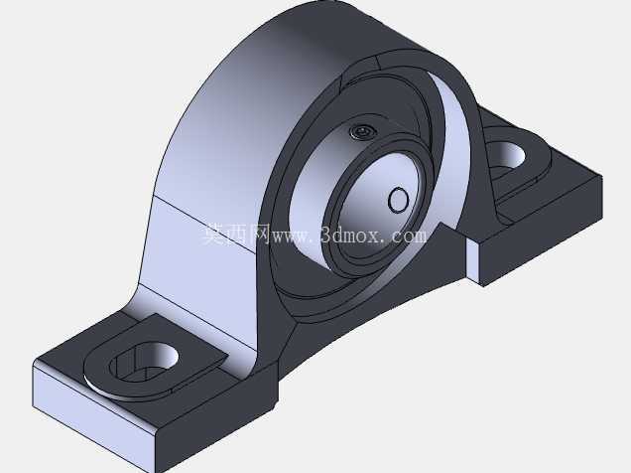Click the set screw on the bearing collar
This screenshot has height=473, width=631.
click(x=362, y=131)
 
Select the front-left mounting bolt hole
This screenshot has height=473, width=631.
click(x=144, y=362)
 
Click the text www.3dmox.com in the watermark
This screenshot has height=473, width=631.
click(x=349, y=236)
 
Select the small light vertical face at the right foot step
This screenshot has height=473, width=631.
click(x=472, y=261)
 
